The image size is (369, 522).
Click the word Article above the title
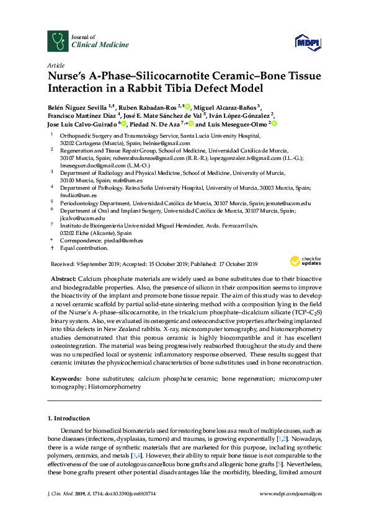pyautogui.click(x=55, y=65)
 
